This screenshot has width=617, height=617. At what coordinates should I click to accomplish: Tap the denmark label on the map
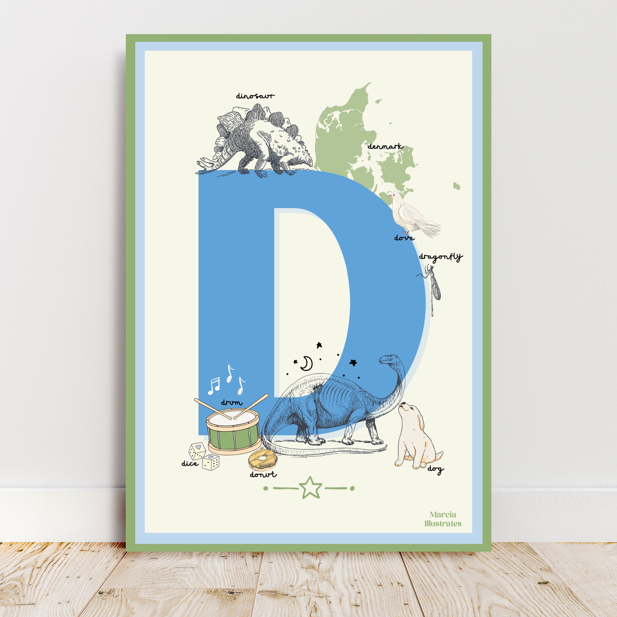click(x=385, y=147)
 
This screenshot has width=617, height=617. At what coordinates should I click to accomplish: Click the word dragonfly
click(x=441, y=257)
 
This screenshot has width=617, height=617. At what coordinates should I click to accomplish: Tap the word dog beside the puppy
click(x=436, y=469)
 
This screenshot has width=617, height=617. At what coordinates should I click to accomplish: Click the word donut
click(x=263, y=474)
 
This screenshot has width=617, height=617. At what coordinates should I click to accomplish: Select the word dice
click(x=190, y=463)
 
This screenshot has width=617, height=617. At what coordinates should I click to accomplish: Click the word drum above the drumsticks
click(x=232, y=403)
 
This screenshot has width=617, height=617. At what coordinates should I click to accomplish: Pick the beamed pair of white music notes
click(x=214, y=385)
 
